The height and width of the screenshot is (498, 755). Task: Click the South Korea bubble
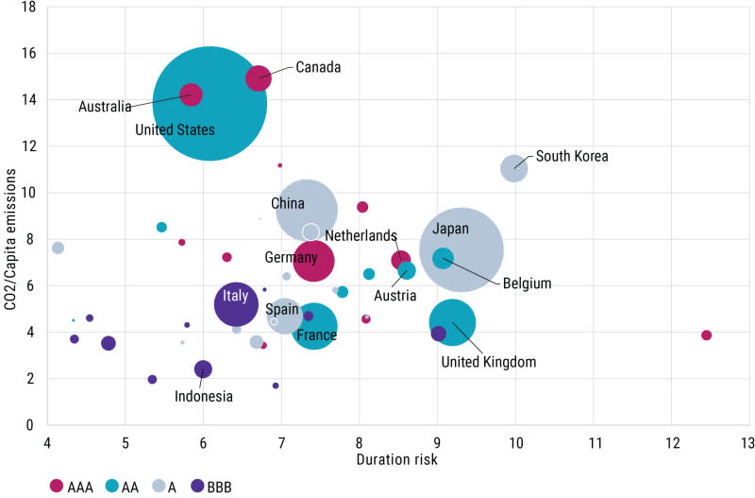click(513, 168)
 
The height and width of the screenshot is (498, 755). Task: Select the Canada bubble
click(259, 78)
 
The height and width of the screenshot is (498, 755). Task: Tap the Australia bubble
click(192, 94)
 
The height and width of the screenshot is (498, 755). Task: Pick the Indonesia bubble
click(203, 369)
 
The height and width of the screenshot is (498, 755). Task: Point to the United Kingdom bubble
click(452, 322)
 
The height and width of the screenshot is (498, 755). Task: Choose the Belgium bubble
click(443, 258)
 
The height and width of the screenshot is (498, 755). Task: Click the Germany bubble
click(313, 261)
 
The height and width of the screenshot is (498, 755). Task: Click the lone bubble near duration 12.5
click(706, 335)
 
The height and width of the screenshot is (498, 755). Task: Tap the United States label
click(176, 130)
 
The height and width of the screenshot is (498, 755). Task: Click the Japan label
click(451, 229)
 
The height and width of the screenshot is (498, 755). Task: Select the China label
click(288, 203)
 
